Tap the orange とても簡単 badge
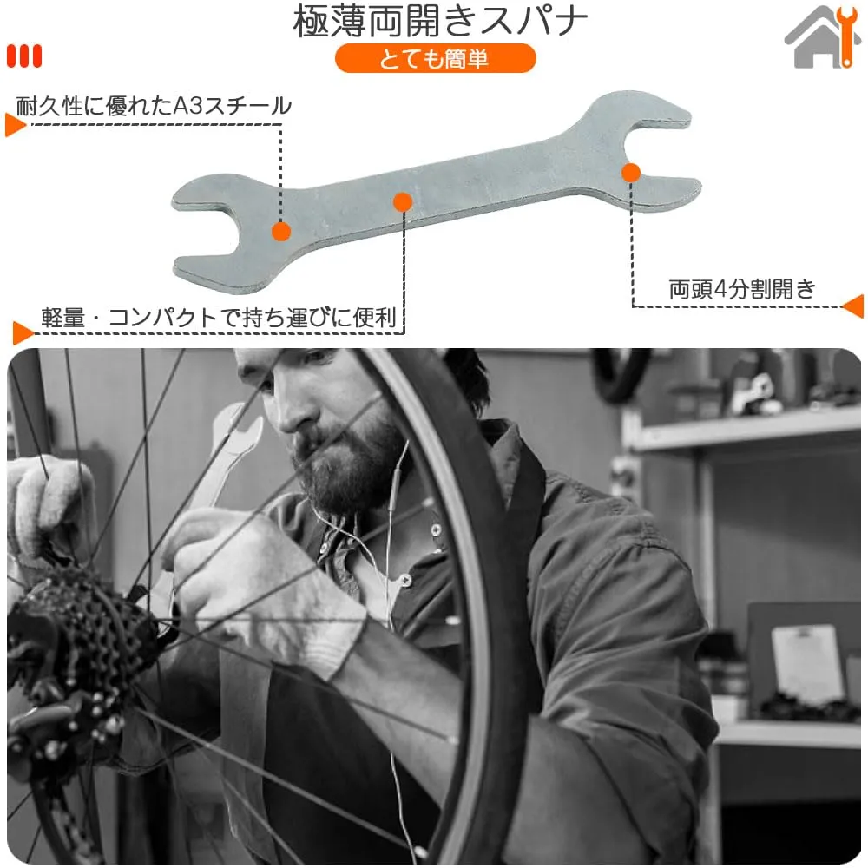(435, 58)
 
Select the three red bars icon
(23, 56)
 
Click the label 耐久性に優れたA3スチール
(154, 106)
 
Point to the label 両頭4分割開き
(742, 288)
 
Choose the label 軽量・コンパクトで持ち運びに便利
(220, 318)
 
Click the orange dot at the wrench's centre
(403, 202)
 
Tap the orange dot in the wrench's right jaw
(630, 173)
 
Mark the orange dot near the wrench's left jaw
(281, 231)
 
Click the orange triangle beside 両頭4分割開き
(853, 306)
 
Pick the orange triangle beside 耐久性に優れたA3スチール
(16, 124)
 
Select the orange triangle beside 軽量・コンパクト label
(23, 333)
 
